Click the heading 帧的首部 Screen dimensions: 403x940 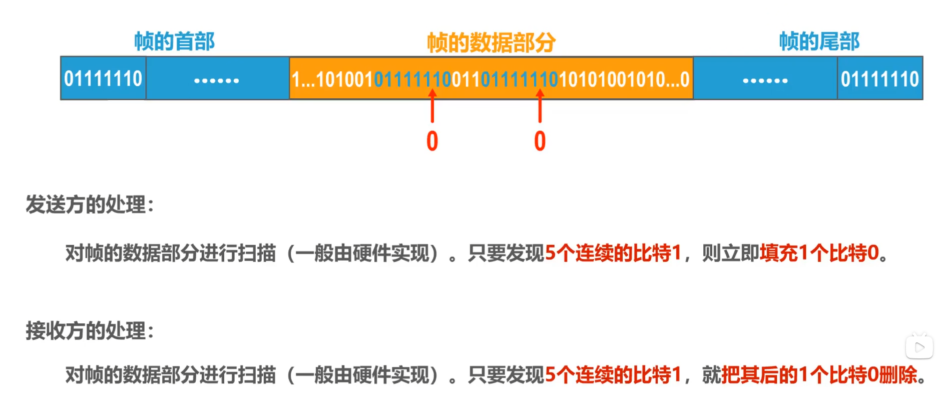(174, 42)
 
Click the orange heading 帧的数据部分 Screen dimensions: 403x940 (491, 43)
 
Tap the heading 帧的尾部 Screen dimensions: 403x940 (819, 42)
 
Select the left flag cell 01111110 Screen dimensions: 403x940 (103, 79)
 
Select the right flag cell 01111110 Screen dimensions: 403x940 (879, 79)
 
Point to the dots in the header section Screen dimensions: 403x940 (217, 80)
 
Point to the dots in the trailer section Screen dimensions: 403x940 (765, 80)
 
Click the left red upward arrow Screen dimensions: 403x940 (432, 106)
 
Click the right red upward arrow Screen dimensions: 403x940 (540, 106)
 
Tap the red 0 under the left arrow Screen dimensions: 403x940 (432, 141)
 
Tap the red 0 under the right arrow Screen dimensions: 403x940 (540, 141)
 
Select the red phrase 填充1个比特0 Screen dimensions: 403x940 (819, 253)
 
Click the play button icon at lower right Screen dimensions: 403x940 (919, 347)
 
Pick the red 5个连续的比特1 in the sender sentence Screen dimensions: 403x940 (613, 253)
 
